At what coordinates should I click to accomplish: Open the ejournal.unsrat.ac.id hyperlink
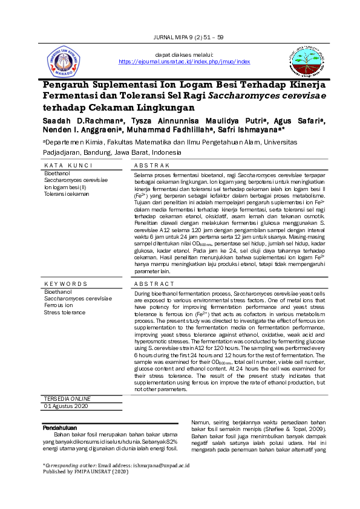pos(185,62)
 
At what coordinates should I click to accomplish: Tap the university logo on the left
pos(64,62)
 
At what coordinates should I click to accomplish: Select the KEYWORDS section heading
pos(66,284)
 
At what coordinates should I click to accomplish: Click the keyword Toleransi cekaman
pos(67,193)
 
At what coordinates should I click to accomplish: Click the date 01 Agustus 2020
pos(67,406)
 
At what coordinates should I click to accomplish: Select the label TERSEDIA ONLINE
pos(67,399)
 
